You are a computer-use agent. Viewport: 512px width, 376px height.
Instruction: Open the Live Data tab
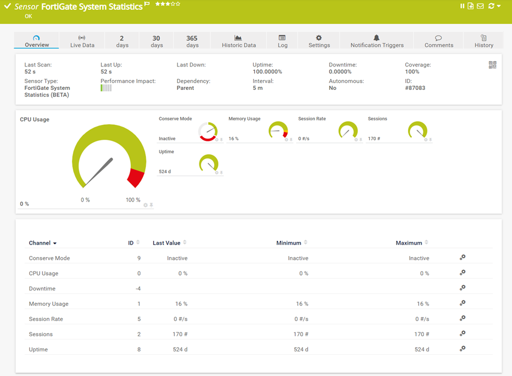coord(82,41)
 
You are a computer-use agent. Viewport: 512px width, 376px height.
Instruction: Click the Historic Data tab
coord(238,41)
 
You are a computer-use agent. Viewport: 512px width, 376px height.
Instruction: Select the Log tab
coord(282,41)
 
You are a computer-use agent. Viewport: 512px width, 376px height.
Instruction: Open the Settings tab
coord(319,41)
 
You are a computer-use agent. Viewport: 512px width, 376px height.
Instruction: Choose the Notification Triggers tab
coord(377,41)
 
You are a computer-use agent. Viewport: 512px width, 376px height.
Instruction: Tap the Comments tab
coord(438,41)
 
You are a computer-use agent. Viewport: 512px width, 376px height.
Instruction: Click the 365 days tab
coord(192,41)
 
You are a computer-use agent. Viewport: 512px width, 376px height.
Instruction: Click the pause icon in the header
coord(462,6)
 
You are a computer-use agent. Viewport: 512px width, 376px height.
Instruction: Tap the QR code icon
coord(492,65)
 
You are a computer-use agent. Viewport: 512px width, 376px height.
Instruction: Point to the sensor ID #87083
coord(415,88)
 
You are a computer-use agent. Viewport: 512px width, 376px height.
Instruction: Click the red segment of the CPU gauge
coord(136,178)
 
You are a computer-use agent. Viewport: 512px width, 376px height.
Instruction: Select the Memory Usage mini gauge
coord(278,131)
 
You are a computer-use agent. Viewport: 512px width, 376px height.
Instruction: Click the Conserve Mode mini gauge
coord(208,131)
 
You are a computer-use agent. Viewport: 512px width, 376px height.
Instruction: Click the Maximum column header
coord(409,243)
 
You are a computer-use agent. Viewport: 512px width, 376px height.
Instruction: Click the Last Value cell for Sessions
coord(178,335)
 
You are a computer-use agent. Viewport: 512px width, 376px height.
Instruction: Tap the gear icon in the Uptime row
coord(462,349)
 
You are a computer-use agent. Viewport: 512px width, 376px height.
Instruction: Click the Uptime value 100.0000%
coord(267,72)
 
